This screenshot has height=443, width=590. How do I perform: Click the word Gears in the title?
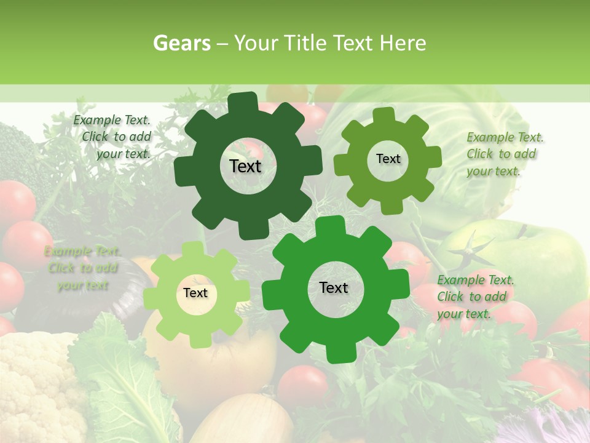click(x=181, y=43)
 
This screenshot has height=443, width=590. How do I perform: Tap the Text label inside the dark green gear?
click(x=245, y=166)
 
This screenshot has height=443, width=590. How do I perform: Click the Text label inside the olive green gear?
click(x=388, y=159)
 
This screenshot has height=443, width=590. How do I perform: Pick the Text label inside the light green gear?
click(x=195, y=293)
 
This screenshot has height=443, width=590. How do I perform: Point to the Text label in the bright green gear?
click(x=334, y=287)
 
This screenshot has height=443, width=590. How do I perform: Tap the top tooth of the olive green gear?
click(x=384, y=115)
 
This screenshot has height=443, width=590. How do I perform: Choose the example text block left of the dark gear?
click(x=114, y=137)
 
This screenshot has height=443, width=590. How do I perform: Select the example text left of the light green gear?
click(x=83, y=269)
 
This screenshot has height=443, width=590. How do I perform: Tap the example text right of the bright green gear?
click(x=474, y=297)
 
